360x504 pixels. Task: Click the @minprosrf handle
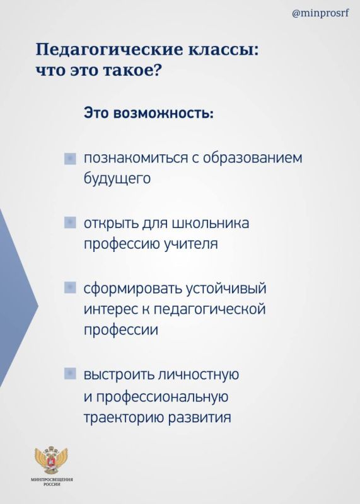[320, 13]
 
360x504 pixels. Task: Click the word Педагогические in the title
[108, 51]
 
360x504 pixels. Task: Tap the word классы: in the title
[223, 50]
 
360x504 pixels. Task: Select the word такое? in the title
[132, 70]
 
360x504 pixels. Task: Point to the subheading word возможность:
[163, 113]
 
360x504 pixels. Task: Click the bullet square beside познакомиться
[70, 159]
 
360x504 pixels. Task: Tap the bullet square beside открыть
[70, 222]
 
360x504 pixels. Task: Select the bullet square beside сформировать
[70, 287]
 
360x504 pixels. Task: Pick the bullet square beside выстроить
[70, 374]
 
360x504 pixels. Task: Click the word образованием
[253, 158]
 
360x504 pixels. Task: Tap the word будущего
[117, 179]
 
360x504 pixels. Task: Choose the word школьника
[211, 223]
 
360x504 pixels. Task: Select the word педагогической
[209, 309]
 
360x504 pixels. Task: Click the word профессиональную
[162, 397]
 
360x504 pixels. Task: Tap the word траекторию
[124, 418]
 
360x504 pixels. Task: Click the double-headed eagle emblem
[52, 460]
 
